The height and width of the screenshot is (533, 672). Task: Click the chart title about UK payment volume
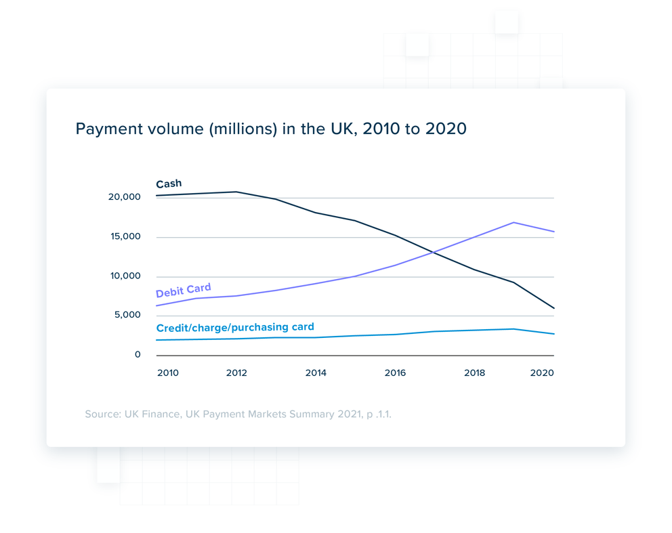tap(271, 129)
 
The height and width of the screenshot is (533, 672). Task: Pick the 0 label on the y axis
tap(138, 354)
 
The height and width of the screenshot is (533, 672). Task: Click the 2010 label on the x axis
tap(167, 373)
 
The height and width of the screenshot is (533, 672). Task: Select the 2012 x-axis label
tap(236, 373)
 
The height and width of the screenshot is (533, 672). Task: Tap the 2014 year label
tap(316, 373)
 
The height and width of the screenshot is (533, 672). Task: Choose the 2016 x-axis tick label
tap(395, 373)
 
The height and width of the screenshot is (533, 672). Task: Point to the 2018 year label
tap(474, 373)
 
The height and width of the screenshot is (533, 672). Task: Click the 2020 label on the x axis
tap(543, 373)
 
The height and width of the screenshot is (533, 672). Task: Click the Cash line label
tap(169, 184)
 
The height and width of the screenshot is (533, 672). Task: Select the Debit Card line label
tap(184, 291)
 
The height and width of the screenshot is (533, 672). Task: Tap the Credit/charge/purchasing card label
tap(235, 327)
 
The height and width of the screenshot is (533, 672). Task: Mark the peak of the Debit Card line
tap(514, 222)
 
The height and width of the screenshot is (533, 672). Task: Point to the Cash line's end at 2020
tap(553, 308)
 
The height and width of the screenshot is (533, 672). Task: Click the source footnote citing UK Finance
tap(238, 413)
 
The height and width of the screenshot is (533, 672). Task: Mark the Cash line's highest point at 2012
tap(236, 192)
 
